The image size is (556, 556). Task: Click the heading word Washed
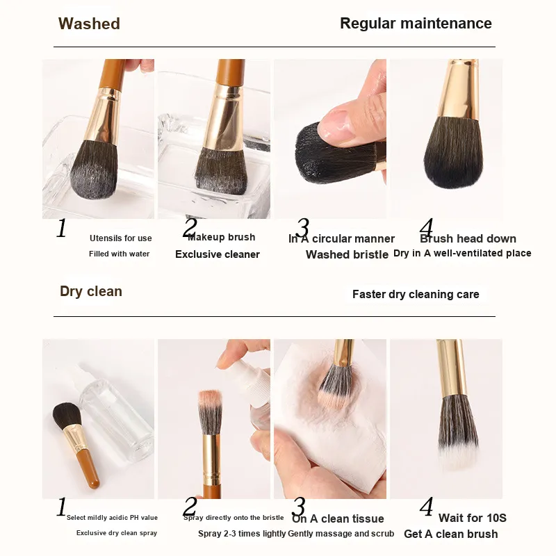point(89,24)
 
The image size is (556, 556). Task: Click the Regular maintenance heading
point(416,24)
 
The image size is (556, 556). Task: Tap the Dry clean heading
point(91,291)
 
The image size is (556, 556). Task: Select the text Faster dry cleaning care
point(416,294)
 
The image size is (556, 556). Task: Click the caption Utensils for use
point(120,238)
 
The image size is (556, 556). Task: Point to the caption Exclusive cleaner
point(218,254)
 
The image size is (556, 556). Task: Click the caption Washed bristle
point(347,254)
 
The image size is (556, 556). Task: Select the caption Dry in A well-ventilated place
point(462,253)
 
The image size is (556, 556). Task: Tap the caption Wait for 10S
point(473,518)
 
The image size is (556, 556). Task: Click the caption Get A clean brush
point(451,534)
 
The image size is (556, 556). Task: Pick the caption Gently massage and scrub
point(341,534)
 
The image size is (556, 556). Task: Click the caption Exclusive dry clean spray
point(117,533)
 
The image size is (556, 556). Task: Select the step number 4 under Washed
point(426,227)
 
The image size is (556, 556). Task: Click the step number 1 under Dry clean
point(62,507)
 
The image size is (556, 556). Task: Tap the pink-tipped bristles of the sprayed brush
point(211,399)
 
